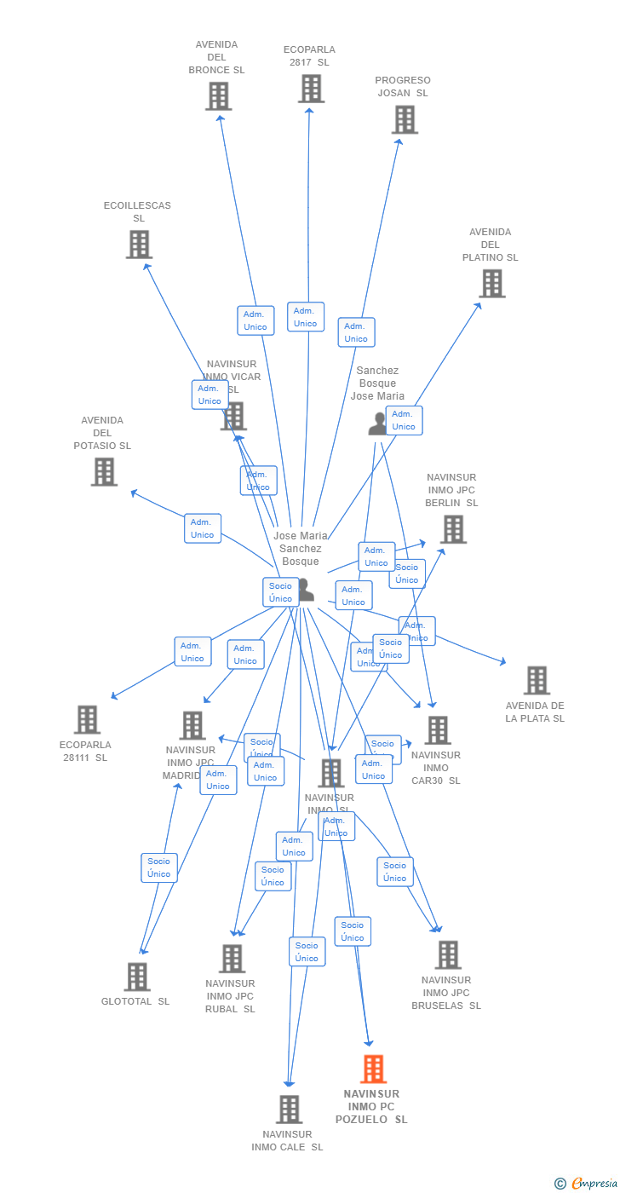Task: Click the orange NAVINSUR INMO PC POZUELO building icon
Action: pyautogui.click(x=373, y=1069)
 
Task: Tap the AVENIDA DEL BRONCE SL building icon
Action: pyautogui.click(x=218, y=96)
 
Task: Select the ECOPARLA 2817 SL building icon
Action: pyautogui.click(x=311, y=89)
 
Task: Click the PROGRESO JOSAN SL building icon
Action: pyautogui.click(x=405, y=120)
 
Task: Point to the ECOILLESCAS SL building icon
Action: pyautogui.click(x=139, y=245)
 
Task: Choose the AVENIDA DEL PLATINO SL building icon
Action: pyautogui.click(x=491, y=284)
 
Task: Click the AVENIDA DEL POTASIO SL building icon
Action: pyautogui.click(x=104, y=472)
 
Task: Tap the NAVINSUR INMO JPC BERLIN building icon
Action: pyautogui.click(x=453, y=529)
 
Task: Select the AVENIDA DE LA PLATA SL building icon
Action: pyautogui.click(x=537, y=681)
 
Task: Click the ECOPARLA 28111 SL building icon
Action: pyautogui.click(x=87, y=720)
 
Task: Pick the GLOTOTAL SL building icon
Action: pyautogui.click(x=136, y=977)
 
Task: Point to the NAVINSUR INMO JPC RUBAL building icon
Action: pyautogui.click(x=232, y=959)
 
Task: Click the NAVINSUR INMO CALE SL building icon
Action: pyautogui.click(x=289, y=1109)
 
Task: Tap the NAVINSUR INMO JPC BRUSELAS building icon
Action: pyautogui.click(x=448, y=955)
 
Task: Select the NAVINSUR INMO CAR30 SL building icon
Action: pyautogui.click(x=438, y=730)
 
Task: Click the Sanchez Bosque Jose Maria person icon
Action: pyautogui.click(x=377, y=424)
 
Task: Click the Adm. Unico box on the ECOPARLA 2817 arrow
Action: pyautogui.click(x=305, y=317)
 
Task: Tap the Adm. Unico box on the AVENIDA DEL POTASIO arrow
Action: pyautogui.click(x=203, y=528)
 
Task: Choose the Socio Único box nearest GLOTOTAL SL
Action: pyautogui.click(x=159, y=867)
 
